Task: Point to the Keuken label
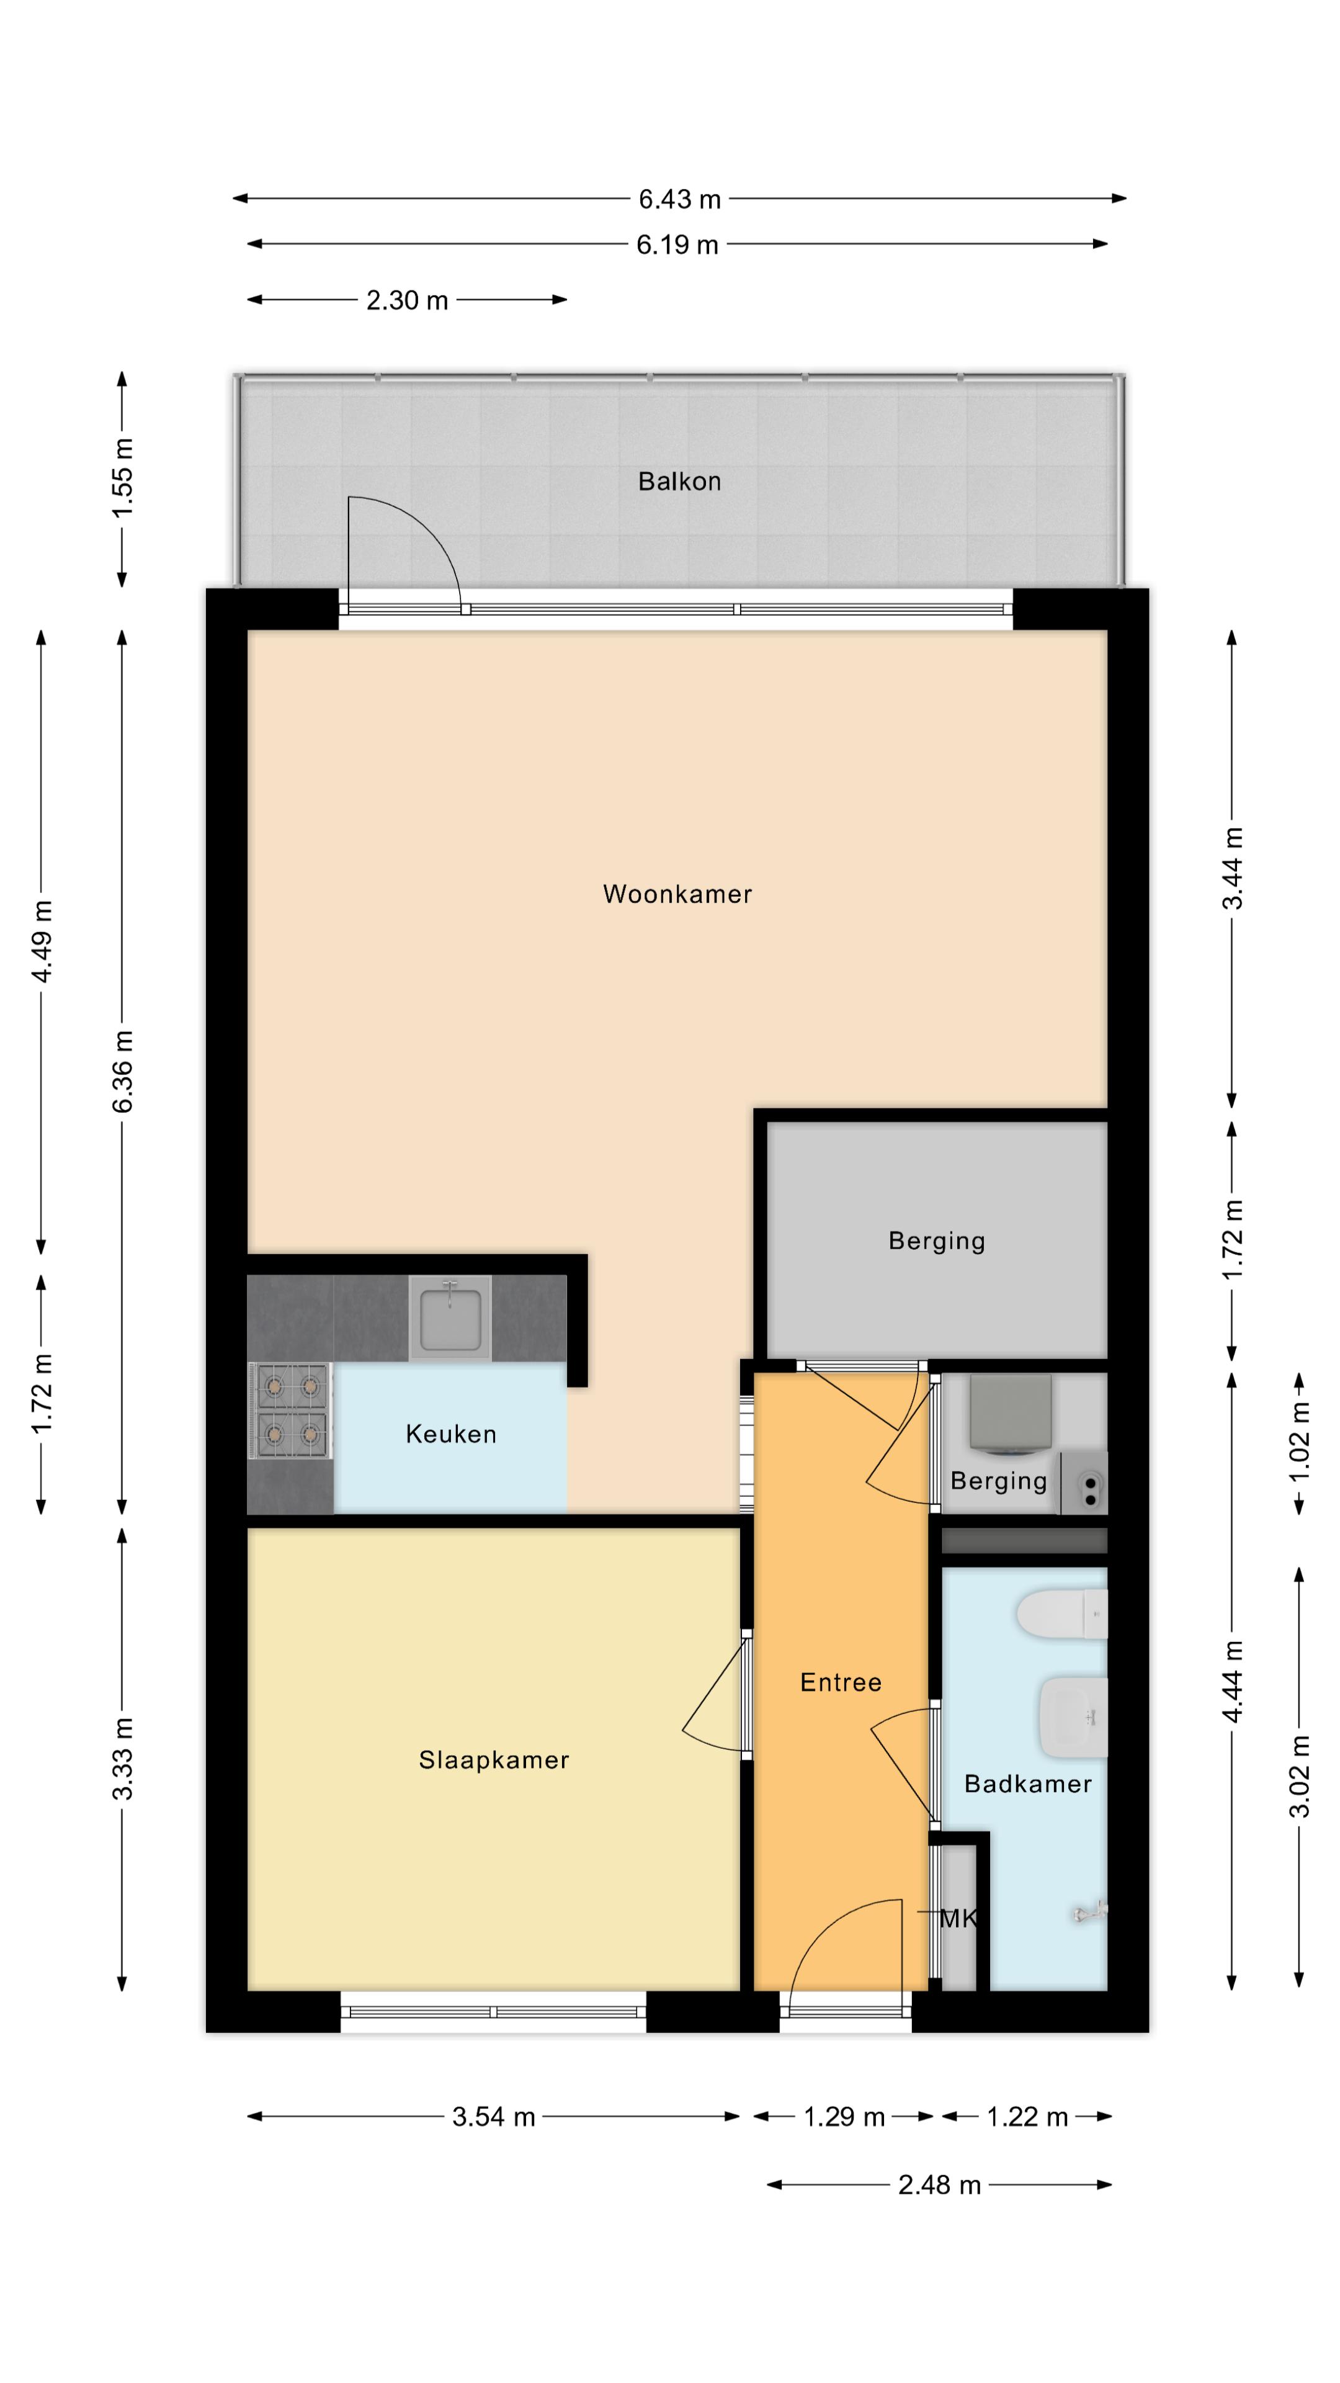pos(450,1434)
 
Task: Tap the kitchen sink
pos(450,1317)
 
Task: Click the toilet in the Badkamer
pos(1061,1614)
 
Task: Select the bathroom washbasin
pos(1074,1717)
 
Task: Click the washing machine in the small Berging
pos(1010,1412)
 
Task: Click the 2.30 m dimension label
pos(407,300)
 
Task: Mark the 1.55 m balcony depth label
pos(122,478)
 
